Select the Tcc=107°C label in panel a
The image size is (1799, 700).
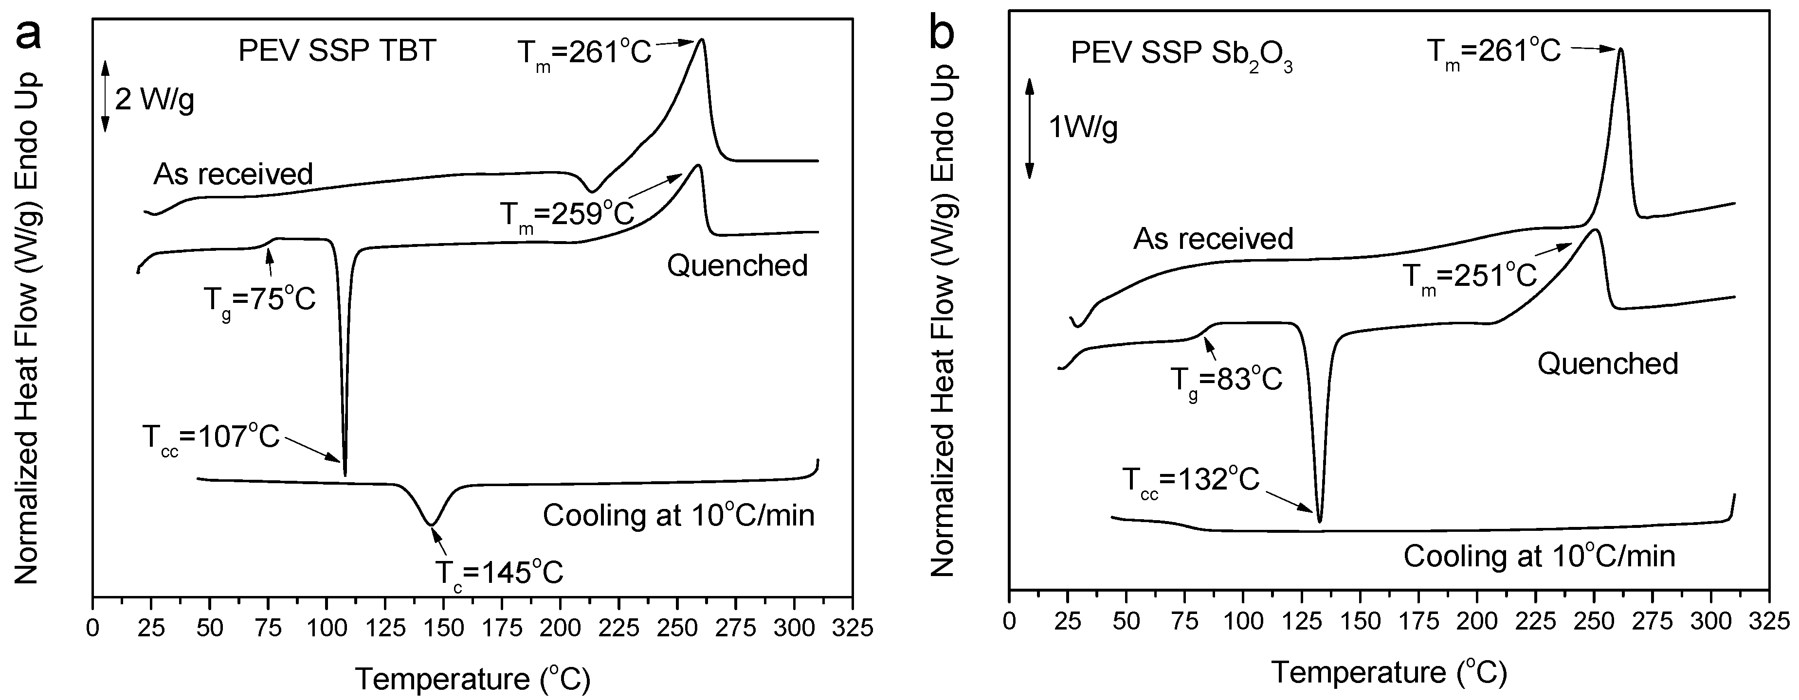point(210,438)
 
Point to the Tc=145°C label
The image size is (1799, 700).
point(499,573)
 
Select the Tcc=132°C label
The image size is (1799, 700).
point(1190,481)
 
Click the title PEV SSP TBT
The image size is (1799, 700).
point(337,52)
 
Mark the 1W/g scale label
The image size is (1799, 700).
point(1083,128)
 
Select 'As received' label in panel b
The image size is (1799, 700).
point(1213,239)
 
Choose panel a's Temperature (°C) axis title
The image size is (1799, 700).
point(473,678)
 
